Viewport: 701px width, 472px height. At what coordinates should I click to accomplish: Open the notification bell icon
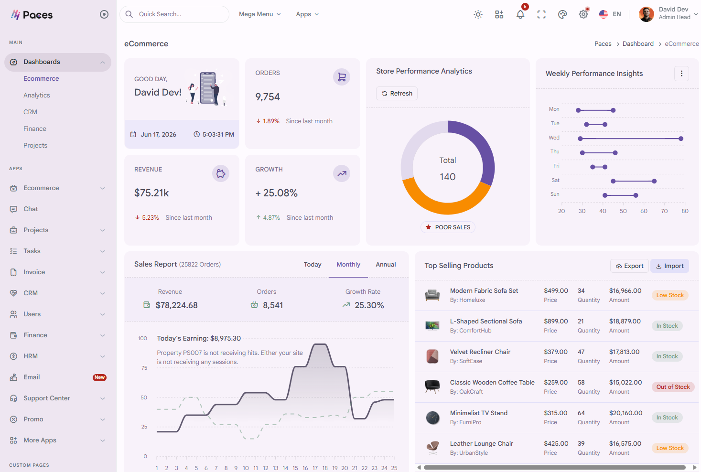(520, 14)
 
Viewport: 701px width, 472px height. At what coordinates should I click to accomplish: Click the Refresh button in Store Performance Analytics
(397, 93)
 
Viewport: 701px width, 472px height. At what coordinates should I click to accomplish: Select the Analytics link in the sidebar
(37, 95)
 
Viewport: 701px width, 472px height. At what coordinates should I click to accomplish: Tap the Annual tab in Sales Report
(386, 264)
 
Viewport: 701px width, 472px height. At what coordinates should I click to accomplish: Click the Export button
(629, 266)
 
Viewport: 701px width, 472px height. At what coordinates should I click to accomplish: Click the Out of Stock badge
(673, 387)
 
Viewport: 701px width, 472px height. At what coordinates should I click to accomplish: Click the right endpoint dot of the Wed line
(680, 139)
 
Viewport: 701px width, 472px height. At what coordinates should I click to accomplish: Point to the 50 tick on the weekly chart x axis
(623, 211)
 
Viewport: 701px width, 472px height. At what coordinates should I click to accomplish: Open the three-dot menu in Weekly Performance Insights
(681, 74)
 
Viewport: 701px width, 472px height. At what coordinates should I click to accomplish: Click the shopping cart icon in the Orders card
(342, 77)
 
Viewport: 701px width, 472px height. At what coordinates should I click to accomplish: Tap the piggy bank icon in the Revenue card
(221, 173)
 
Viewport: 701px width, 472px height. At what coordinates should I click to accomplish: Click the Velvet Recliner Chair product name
(480, 352)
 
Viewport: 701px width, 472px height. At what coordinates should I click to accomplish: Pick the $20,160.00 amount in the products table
(626, 413)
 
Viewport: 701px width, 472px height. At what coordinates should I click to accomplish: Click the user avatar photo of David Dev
(646, 14)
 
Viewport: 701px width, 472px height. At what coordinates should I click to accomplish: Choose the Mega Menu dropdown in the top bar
(260, 14)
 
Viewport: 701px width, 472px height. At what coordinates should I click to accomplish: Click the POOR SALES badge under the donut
(448, 227)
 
